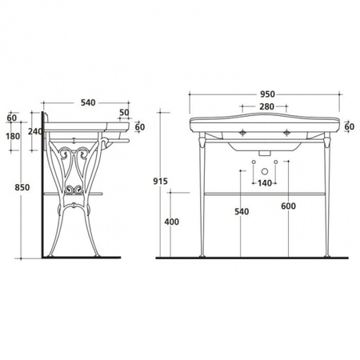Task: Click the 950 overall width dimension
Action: tap(267, 94)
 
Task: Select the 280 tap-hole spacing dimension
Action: tap(266, 106)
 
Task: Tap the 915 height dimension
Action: tap(160, 182)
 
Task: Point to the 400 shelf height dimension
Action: tap(171, 222)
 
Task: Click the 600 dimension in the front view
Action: tap(288, 206)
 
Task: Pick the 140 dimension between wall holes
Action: tap(265, 183)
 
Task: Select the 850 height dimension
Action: tap(22, 187)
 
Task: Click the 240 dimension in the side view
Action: tap(35, 131)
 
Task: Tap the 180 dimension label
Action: tap(13, 136)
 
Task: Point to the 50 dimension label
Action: tap(124, 113)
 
